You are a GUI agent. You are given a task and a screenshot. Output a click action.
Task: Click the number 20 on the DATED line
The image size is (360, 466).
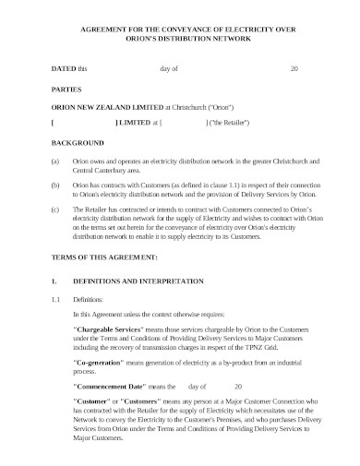point(294,68)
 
